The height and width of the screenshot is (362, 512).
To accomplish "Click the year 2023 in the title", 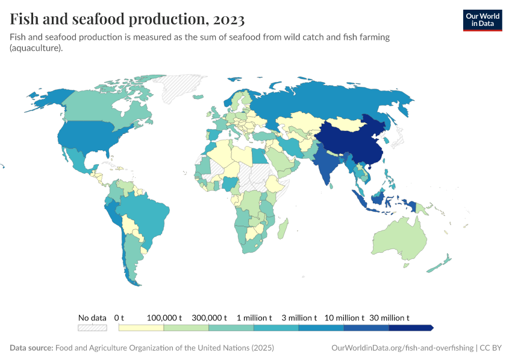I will point(228,19).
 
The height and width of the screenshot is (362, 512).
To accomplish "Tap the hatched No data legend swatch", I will point(92,328).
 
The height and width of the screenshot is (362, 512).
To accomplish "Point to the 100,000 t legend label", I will point(164,317).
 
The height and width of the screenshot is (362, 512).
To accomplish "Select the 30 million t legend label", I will point(389,317).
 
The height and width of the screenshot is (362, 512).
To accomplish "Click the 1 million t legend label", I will point(254,317).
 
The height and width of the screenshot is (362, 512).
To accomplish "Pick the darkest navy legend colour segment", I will point(410,328).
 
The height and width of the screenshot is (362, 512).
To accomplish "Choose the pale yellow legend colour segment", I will point(142,328).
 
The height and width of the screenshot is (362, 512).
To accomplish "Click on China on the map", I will point(349,145).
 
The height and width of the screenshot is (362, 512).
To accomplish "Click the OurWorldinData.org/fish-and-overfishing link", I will point(402,348).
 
